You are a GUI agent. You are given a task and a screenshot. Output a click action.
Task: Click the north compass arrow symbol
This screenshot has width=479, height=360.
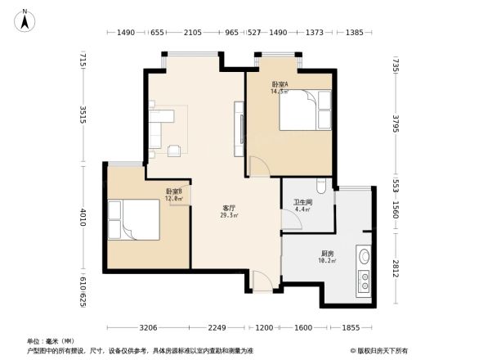click(x=25, y=19)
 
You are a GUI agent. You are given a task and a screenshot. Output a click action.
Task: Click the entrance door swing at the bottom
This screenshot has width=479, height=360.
click(x=262, y=281)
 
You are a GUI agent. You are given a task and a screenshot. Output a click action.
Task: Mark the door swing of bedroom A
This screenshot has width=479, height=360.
click(x=258, y=166)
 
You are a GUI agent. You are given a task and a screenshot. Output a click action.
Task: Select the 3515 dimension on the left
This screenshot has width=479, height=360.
click(x=83, y=112)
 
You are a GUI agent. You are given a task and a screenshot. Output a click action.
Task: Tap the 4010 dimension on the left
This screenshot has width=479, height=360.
click(x=83, y=218)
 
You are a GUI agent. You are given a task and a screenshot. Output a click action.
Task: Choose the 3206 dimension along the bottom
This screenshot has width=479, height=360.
click(x=148, y=328)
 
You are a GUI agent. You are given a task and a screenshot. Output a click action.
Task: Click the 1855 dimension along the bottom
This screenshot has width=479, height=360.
click(x=350, y=328)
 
